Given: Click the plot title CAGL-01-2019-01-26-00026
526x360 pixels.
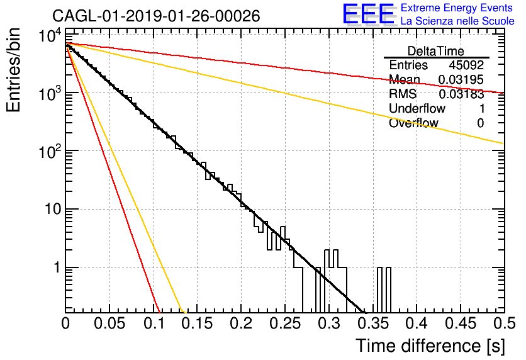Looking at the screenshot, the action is coord(156,16).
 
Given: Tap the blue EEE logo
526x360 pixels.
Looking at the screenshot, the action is coord(368,14).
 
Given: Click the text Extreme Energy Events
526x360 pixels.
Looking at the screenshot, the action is coord(457,8).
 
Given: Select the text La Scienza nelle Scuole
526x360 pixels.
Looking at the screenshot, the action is coord(457,21).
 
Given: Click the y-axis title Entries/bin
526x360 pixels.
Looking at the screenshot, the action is coord(13,70).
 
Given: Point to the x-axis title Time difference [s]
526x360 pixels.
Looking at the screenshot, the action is coord(430,346).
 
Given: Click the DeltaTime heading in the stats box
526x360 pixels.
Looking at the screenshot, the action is coord(436,51).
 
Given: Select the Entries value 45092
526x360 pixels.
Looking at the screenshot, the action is coord(466,65).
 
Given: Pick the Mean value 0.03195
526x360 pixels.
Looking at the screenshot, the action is coord(461,79).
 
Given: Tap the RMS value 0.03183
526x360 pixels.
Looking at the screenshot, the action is coord(461,94).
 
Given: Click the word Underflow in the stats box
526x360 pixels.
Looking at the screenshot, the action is coord(417,108).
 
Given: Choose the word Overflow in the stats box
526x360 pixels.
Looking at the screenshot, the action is coord(413,123).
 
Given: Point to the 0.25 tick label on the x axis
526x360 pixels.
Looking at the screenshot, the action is coord(286,323).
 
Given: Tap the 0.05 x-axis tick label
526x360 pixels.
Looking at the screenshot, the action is coord(109,323).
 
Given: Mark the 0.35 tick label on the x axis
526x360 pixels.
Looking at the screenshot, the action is coord(374,323).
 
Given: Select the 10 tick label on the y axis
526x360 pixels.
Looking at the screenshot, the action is coord(53,209).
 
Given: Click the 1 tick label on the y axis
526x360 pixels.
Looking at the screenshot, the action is coord(57,267).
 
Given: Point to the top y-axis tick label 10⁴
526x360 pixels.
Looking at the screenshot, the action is coord(50,35).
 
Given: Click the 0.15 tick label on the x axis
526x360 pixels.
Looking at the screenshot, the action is coord(198,323).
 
